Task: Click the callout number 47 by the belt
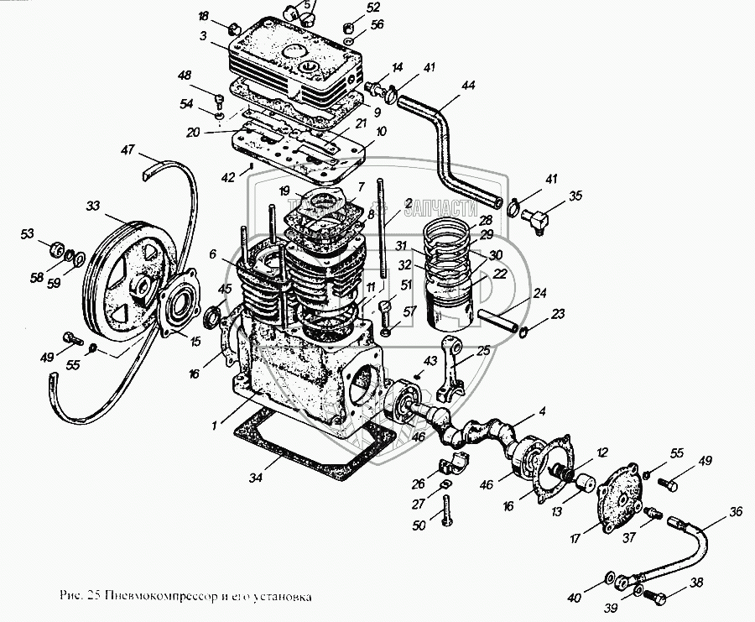tap(128, 150)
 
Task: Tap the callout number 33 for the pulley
tap(91, 205)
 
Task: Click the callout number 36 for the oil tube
tap(736, 511)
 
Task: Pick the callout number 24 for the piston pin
tap(539, 294)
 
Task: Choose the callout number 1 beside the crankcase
tap(216, 426)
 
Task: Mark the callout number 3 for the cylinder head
tap(203, 36)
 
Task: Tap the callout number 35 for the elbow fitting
tap(575, 196)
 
